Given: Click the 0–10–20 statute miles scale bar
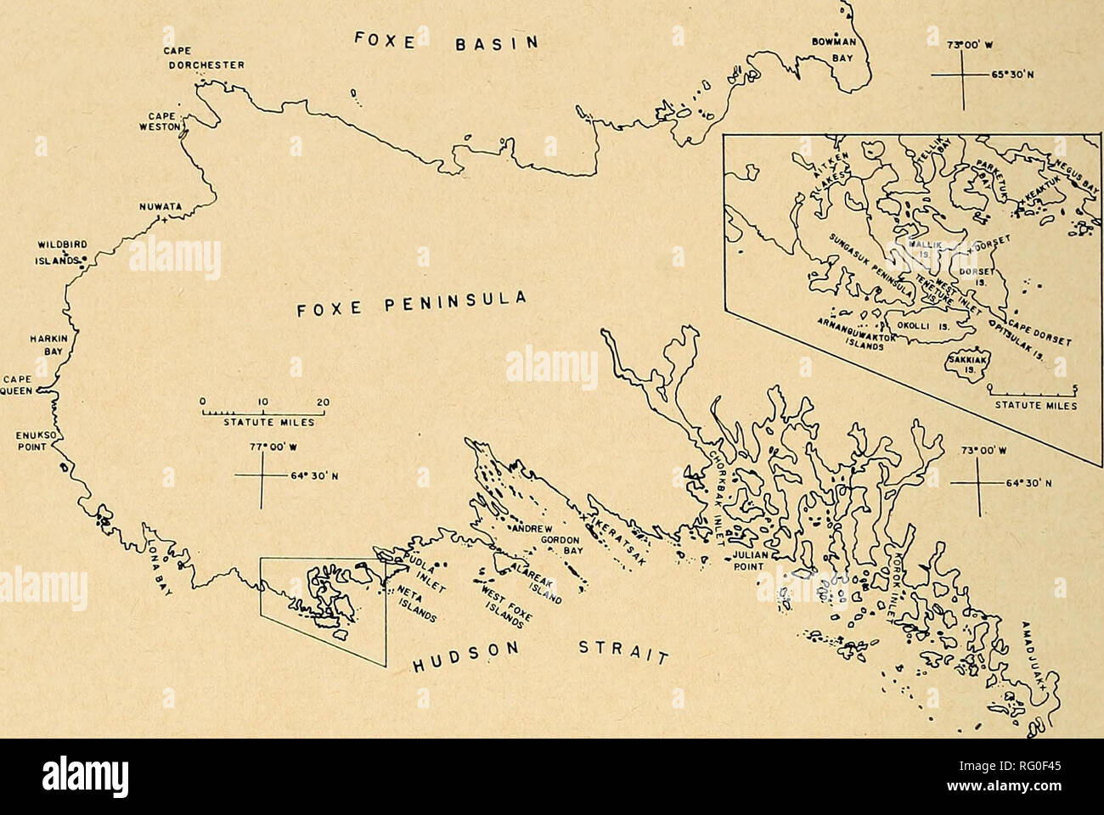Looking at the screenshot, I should point(264,413).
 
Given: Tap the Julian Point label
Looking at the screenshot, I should point(750,563).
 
